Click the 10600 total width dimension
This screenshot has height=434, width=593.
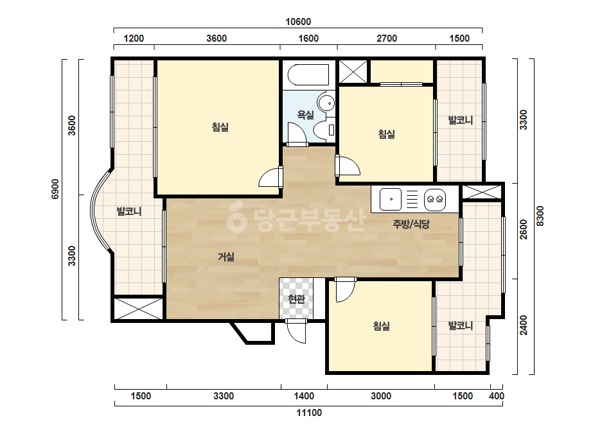298,22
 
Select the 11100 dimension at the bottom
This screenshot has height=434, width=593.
309,412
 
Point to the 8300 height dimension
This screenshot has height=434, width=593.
540,216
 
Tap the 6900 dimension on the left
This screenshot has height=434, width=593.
55,189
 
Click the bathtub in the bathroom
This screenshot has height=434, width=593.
308,75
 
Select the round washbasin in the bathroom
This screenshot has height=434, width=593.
326,103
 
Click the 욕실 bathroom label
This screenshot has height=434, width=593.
306,114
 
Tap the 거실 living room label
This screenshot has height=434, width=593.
226,257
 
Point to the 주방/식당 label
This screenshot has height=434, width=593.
411,224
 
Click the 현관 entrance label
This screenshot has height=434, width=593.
297,299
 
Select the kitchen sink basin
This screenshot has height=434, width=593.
390,199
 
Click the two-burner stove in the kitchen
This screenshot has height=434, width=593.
435,199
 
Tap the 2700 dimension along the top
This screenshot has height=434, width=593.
387,38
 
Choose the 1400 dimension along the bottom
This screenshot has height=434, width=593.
304,396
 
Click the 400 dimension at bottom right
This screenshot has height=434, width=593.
497,396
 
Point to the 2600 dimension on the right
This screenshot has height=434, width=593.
524,229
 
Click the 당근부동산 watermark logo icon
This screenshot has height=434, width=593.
236,217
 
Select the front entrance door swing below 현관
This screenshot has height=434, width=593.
296,331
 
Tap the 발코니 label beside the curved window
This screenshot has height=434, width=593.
129,211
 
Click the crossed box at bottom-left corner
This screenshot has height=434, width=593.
138,309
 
